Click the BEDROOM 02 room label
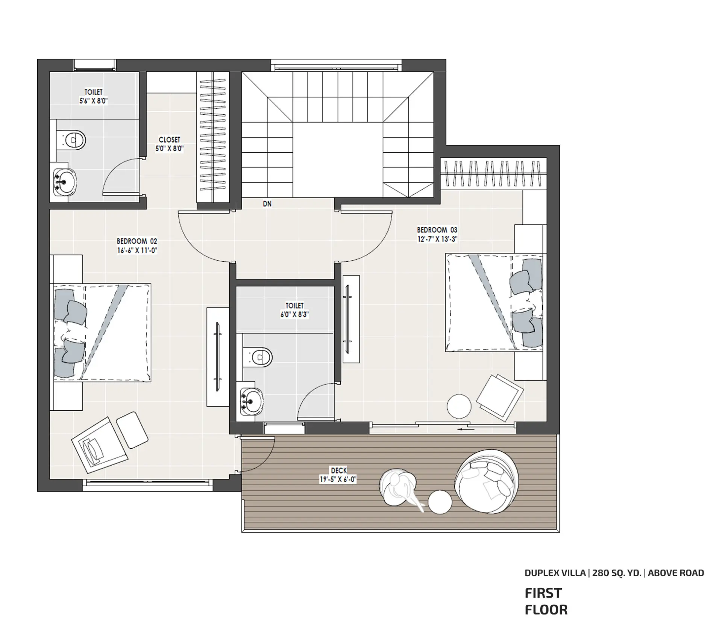click(137, 241)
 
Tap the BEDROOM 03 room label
click(437, 230)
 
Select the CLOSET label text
click(169, 140)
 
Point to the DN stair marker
click(267, 204)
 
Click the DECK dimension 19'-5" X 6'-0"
click(338, 480)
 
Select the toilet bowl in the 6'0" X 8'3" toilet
click(258, 357)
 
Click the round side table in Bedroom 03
click(459, 406)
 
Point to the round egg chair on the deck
click(487, 482)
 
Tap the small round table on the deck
click(440, 502)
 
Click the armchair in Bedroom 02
click(100, 445)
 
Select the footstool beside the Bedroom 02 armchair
click(132, 430)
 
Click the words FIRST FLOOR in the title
click(546, 601)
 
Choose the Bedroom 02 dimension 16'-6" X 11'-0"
click(137, 250)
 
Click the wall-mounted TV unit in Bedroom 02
click(218, 357)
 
